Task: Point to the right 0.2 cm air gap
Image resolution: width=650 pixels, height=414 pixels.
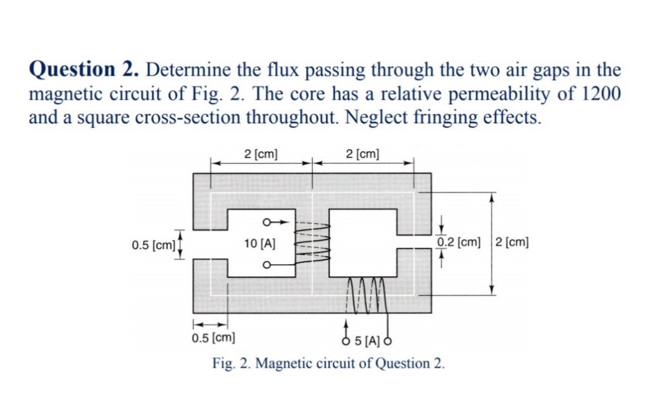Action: (413, 243)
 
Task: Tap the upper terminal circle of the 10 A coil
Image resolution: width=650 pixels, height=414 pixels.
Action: (267, 222)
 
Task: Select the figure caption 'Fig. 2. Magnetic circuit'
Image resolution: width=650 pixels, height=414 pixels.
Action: (328, 364)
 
